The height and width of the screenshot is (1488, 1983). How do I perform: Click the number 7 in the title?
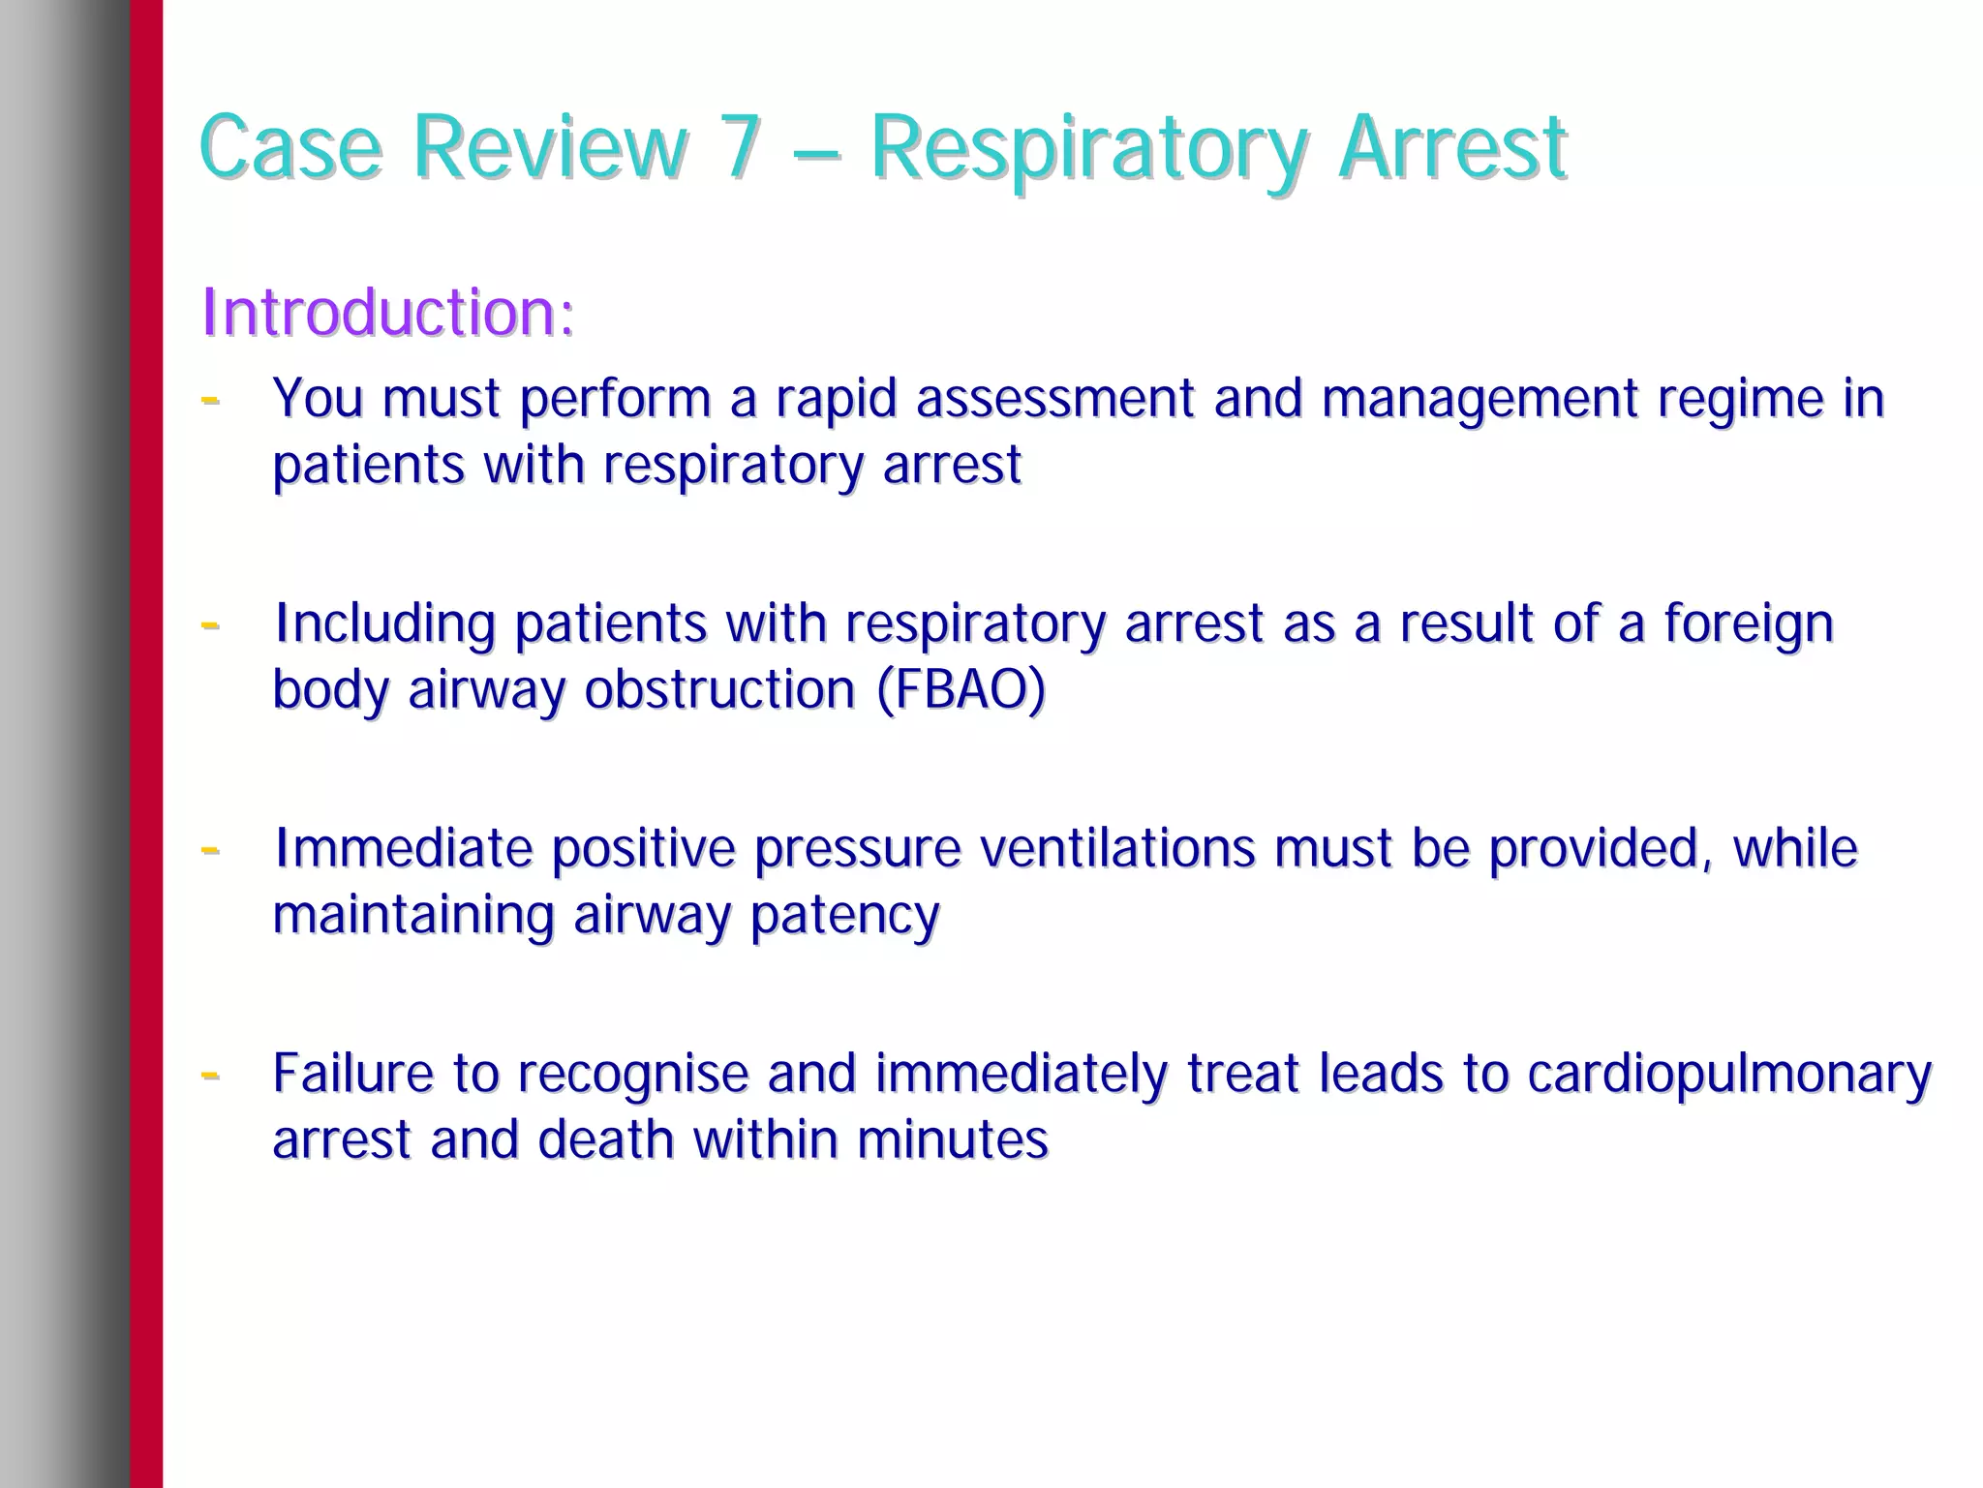click(740, 147)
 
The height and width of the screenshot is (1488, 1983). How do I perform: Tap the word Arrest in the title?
click(1451, 147)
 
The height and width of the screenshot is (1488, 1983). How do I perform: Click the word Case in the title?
click(290, 147)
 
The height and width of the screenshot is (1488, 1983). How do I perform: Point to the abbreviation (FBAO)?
click(961, 689)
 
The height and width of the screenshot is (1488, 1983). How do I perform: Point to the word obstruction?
click(719, 689)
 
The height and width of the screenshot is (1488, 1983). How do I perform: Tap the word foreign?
click(1749, 624)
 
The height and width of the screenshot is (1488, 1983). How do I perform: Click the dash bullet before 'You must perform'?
click(209, 398)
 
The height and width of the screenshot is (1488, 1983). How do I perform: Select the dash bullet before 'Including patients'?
click(209, 624)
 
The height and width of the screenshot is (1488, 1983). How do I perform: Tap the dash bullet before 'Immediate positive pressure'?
click(209, 849)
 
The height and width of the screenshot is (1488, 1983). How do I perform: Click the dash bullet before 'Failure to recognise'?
click(209, 1074)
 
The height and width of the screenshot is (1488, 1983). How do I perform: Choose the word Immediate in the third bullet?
click(403, 848)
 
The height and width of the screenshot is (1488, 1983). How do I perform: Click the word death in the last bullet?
click(605, 1139)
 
